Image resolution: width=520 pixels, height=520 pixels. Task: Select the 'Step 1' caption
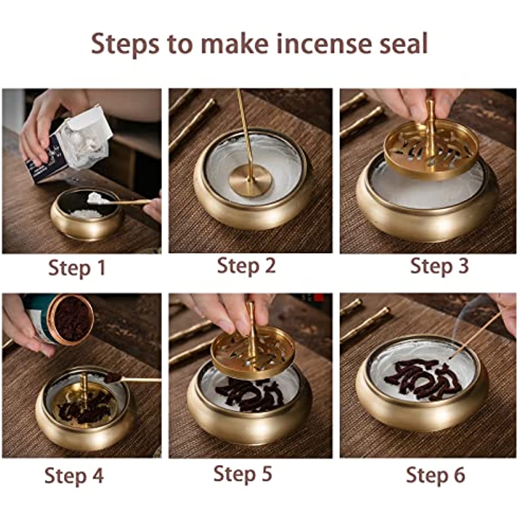tap(77, 268)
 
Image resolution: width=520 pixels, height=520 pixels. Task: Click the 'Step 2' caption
tap(246, 265)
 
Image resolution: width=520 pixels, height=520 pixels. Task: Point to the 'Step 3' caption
tap(439, 266)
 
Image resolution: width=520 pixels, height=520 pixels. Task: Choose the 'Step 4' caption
tap(74, 475)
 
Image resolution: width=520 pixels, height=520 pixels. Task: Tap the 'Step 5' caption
tap(243, 473)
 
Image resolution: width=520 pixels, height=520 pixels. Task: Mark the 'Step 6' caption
tap(435, 475)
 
